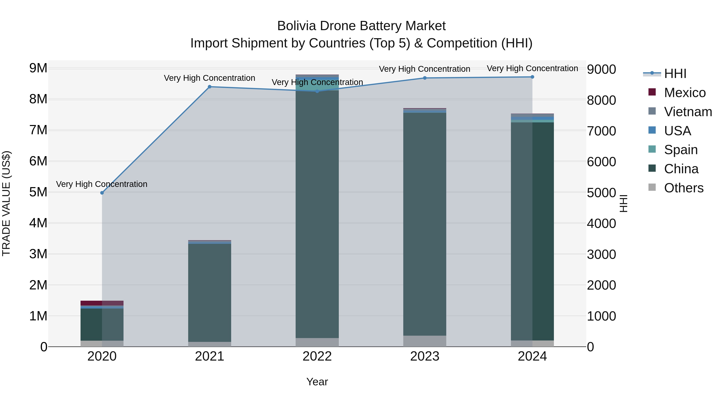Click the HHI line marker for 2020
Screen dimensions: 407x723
pos(102,193)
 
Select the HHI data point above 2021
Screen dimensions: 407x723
pos(209,87)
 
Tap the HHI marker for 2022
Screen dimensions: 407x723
pos(317,91)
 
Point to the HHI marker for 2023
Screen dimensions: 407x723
pos(425,78)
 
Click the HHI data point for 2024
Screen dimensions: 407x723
pos(532,77)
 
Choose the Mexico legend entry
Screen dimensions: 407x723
pos(685,93)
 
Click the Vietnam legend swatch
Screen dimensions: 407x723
pos(652,111)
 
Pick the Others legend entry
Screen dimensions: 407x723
pos(683,188)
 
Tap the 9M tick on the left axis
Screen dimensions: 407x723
pos(38,68)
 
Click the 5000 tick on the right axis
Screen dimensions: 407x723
pos(601,193)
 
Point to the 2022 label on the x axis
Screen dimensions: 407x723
pos(317,356)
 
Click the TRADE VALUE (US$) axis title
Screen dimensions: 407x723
pos(6,203)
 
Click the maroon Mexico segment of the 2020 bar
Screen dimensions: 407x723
pos(91,303)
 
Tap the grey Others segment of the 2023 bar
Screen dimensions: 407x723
pos(425,341)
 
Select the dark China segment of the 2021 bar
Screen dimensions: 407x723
pos(209,292)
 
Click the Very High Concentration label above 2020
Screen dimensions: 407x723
pos(102,184)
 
